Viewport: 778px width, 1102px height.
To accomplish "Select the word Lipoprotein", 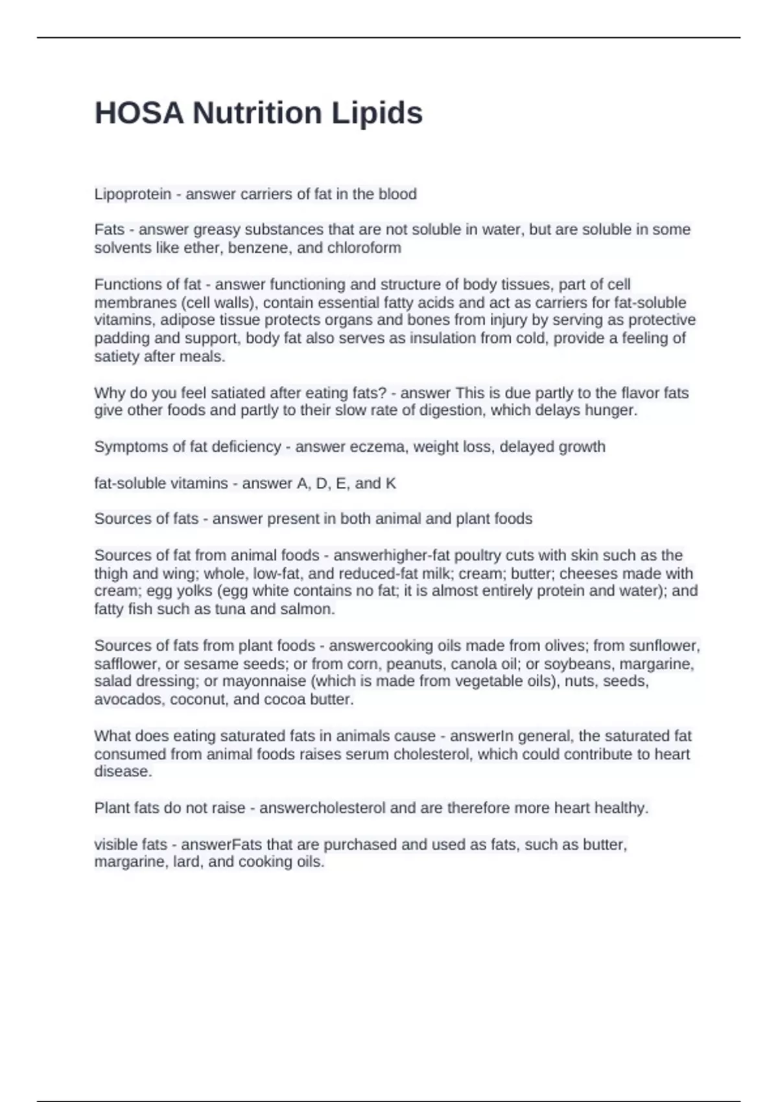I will click(x=133, y=194).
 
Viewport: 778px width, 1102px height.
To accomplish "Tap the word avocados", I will click(x=124, y=699).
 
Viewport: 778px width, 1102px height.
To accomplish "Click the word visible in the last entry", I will click(x=117, y=845).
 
